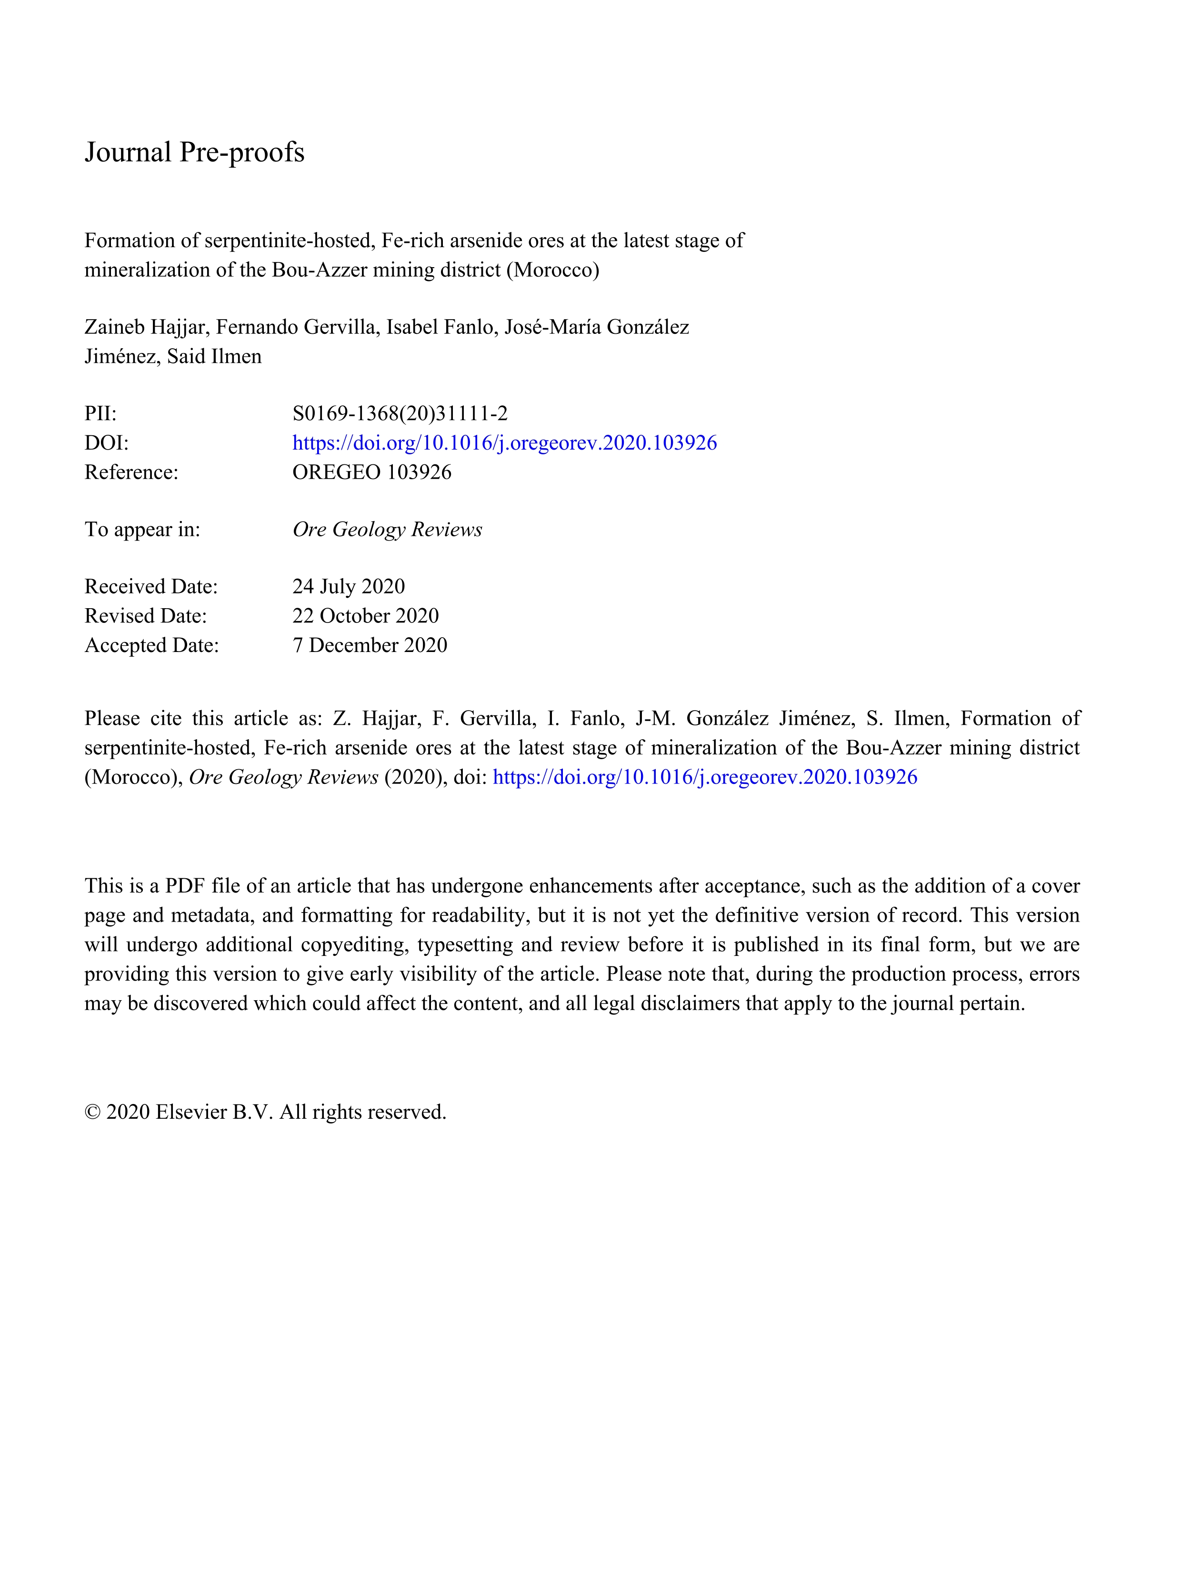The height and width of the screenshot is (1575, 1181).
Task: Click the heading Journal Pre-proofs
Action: click(x=194, y=152)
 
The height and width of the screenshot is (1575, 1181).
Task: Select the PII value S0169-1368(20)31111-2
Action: click(x=400, y=414)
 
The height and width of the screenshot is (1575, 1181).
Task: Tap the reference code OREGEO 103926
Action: click(x=371, y=472)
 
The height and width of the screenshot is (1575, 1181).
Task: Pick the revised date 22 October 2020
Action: click(x=365, y=616)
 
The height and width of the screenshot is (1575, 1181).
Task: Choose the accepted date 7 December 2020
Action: click(x=370, y=645)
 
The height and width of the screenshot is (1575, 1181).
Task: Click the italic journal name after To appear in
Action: click(x=387, y=530)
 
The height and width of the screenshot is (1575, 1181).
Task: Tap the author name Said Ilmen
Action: click(x=214, y=357)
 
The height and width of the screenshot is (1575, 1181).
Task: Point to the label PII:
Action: click(x=100, y=414)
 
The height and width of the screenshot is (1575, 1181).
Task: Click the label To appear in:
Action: click(x=142, y=530)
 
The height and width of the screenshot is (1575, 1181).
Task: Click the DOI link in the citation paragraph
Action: click(x=705, y=777)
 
